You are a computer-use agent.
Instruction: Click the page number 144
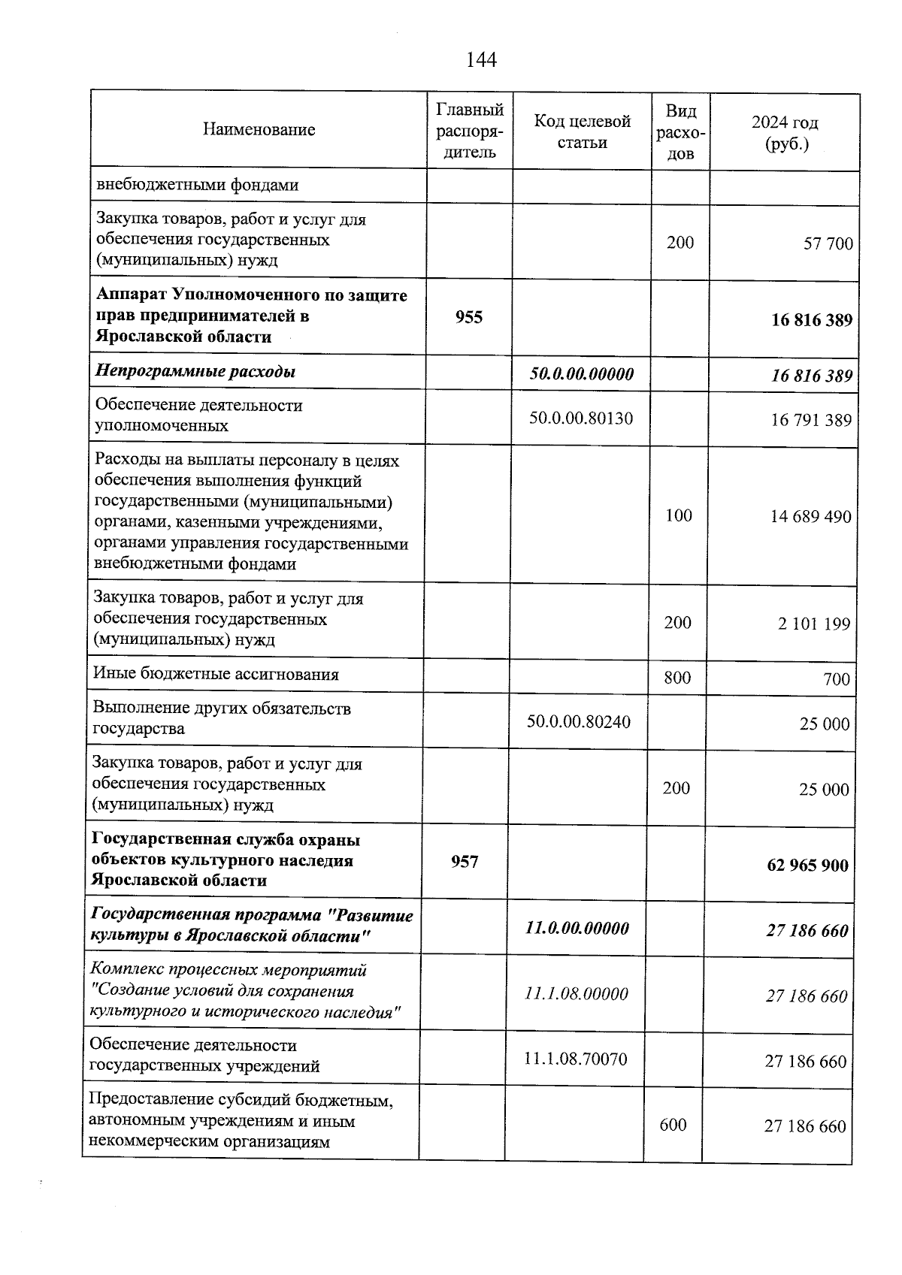click(x=481, y=59)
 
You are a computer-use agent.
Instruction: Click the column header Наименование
click(x=259, y=130)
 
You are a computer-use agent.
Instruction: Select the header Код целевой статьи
click(x=582, y=131)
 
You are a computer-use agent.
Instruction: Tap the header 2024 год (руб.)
click(x=785, y=132)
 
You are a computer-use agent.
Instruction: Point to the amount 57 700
click(x=828, y=243)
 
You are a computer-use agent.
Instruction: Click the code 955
click(x=468, y=317)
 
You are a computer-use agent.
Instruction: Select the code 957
click(x=465, y=862)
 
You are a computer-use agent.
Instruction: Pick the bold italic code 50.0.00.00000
click(x=581, y=373)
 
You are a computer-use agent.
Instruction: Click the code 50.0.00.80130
click(x=580, y=418)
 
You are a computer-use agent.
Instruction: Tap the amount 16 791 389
click(x=810, y=420)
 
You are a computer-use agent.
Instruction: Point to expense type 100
click(x=679, y=515)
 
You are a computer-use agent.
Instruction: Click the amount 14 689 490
click(x=810, y=517)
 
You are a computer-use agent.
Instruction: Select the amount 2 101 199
click(x=813, y=624)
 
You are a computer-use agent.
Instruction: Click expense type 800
click(x=677, y=678)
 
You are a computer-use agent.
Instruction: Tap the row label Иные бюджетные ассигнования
click(x=215, y=674)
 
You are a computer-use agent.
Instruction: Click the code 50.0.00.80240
click(x=578, y=722)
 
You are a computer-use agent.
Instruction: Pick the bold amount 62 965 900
click(x=807, y=866)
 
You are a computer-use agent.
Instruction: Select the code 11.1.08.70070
click(x=575, y=1059)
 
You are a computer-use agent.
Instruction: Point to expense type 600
click(x=673, y=1125)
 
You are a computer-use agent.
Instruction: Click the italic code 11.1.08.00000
click(x=576, y=994)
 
